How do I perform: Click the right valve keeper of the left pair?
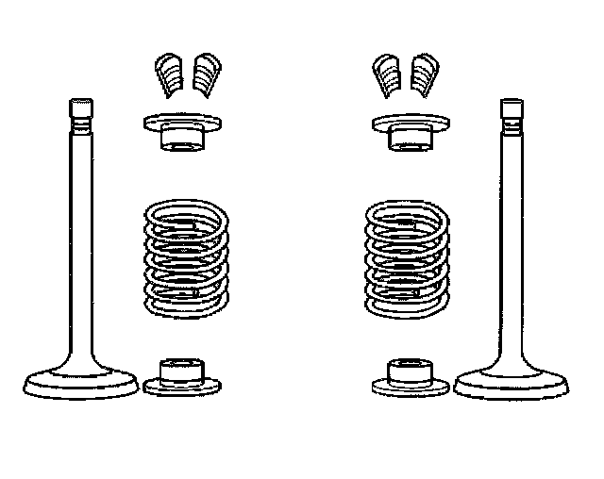207,74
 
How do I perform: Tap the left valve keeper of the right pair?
386,74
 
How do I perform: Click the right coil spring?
408,256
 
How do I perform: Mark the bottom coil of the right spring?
408,306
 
